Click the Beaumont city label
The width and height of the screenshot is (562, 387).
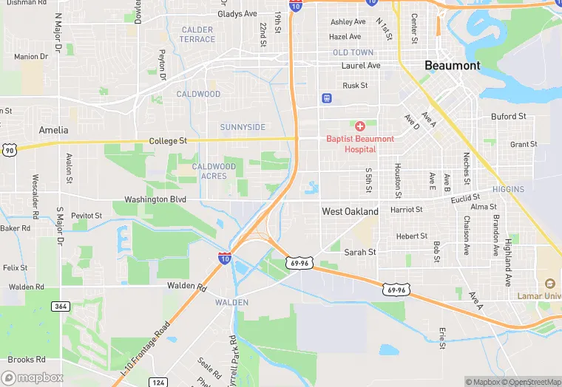[452, 66]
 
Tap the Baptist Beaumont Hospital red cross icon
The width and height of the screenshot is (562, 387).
[360, 126]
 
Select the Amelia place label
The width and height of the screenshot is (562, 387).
[53, 130]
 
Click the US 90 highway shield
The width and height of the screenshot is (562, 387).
[8, 150]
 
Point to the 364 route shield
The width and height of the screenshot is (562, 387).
[60, 306]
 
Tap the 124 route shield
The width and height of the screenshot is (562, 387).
[158, 382]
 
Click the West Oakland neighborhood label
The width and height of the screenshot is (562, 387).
[350, 212]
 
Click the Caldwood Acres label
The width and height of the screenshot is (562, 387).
[214, 171]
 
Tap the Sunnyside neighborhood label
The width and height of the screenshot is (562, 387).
[242, 127]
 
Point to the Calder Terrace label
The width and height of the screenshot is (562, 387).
[197, 35]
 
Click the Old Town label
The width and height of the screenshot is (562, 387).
[353, 53]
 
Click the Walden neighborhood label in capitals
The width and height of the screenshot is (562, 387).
[231, 303]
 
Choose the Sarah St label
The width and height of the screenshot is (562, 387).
[360, 253]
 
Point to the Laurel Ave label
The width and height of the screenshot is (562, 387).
[360, 66]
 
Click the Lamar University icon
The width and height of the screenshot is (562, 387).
[549, 284]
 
